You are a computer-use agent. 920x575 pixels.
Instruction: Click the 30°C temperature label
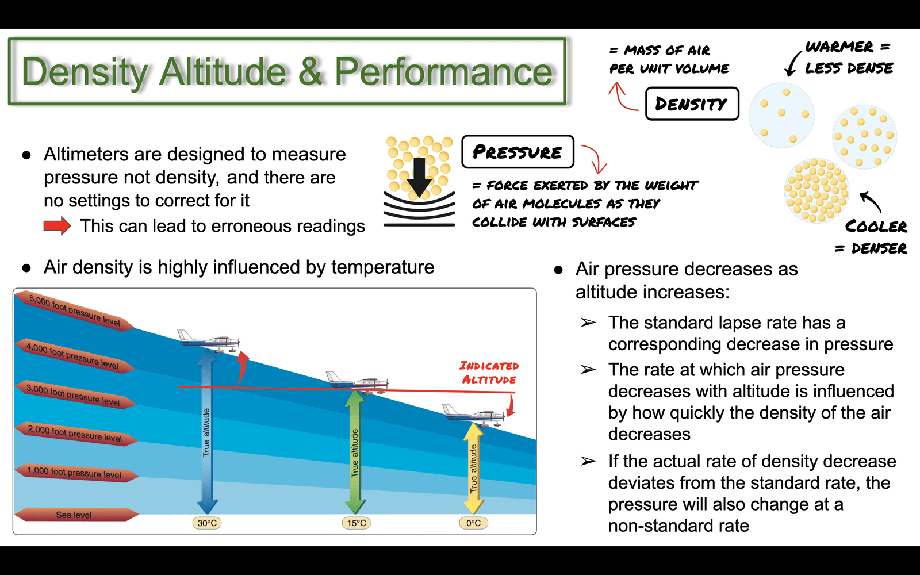(x=207, y=523)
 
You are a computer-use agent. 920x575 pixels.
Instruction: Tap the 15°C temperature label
(x=356, y=523)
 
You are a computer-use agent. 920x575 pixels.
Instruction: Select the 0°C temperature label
(x=473, y=523)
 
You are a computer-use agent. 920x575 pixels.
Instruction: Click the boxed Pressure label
(x=517, y=152)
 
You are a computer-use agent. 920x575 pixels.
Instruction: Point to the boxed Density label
(x=692, y=103)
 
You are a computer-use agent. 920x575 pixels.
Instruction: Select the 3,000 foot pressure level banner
(x=75, y=394)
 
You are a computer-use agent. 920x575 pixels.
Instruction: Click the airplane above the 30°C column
(x=209, y=341)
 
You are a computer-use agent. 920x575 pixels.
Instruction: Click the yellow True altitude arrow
(x=474, y=468)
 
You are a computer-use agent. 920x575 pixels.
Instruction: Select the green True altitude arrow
(x=355, y=452)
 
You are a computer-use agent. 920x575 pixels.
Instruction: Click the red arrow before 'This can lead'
(x=57, y=226)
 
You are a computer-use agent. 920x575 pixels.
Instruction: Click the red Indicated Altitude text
(x=489, y=373)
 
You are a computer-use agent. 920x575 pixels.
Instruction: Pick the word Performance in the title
(x=444, y=71)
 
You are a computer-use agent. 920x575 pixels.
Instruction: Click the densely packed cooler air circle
(x=816, y=190)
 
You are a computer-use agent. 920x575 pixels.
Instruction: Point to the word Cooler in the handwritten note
(x=876, y=226)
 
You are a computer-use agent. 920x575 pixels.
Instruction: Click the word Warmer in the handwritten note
(x=839, y=46)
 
